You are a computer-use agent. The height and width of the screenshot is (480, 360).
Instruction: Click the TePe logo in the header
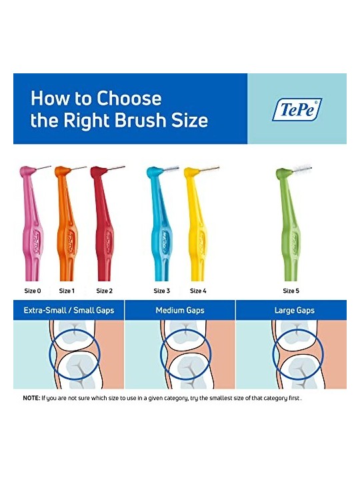tap(297, 109)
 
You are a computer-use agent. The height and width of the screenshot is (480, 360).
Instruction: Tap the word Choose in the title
tap(129, 98)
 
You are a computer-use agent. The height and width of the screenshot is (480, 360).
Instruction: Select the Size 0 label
tap(33, 291)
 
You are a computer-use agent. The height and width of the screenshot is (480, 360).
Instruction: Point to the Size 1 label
tap(67, 291)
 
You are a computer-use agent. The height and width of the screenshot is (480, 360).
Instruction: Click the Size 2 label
tap(105, 291)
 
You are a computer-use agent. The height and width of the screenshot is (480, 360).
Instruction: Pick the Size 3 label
tap(161, 291)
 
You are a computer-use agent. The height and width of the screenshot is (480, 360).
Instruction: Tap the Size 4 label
tap(198, 291)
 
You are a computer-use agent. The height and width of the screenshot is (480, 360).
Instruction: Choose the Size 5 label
tap(291, 291)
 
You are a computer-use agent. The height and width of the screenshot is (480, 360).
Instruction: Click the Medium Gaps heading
tap(180, 311)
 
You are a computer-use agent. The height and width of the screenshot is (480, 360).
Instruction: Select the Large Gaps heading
tap(295, 311)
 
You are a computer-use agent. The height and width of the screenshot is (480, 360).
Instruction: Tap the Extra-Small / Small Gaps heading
tap(69, 311)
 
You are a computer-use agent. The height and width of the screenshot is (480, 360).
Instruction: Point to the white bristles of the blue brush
tap(173, 169)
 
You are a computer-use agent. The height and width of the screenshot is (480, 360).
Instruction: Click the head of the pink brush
tap(27, 171)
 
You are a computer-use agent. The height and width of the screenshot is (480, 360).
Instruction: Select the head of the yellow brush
tap(191, 173)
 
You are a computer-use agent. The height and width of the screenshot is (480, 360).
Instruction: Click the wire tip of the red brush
tap(124, 167)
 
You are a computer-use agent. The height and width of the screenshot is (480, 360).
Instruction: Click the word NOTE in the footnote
tap(31, 398)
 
